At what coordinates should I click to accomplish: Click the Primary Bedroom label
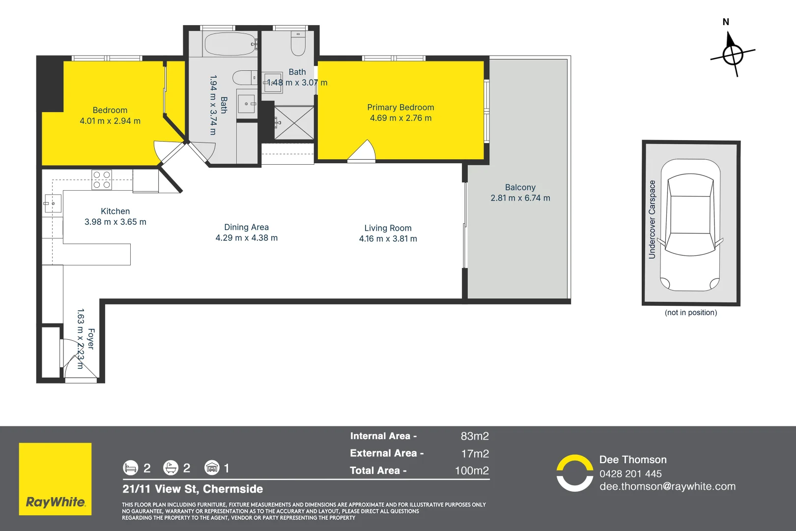point(400,107)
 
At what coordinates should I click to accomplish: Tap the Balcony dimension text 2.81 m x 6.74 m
point(520,198)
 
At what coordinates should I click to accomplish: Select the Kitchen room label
point(115,211)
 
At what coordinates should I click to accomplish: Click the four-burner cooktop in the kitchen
point(102,180)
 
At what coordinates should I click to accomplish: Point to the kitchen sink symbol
point(53,203)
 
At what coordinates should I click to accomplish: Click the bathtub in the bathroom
point(230,44)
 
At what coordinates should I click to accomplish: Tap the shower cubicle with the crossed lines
point(294,123)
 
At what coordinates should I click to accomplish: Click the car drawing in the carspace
point(690,225)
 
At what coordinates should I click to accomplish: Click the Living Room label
point(388,228)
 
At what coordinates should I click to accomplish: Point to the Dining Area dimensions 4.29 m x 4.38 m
point(246,238)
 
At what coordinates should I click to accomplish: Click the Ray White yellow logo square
point(55,479)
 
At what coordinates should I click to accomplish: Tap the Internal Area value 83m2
point(475,436)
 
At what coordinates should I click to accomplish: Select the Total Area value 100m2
point(472,471)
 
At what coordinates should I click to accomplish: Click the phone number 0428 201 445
point(630,474)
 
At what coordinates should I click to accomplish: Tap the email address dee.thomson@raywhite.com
point(667,486)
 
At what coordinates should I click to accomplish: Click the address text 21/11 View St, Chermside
point(193,489)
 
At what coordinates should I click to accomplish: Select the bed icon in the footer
point(130,468)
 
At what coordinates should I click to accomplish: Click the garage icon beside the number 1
point(212,468)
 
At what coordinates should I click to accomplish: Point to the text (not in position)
point(690,313)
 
